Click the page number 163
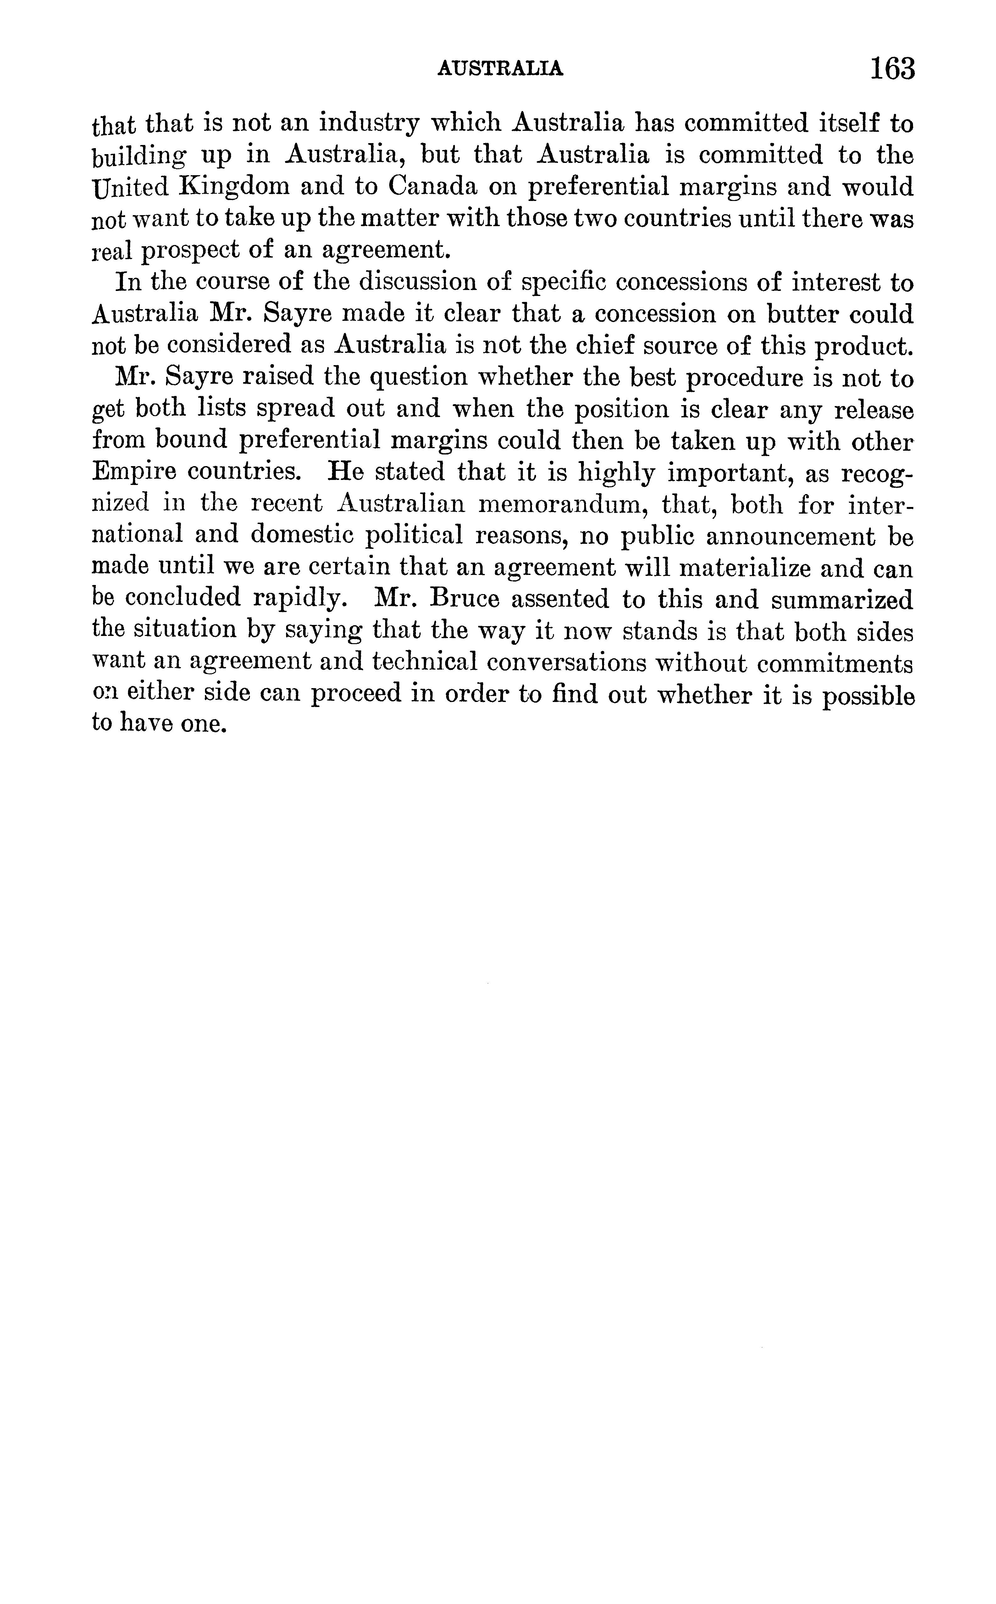[x=893, y=68]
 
